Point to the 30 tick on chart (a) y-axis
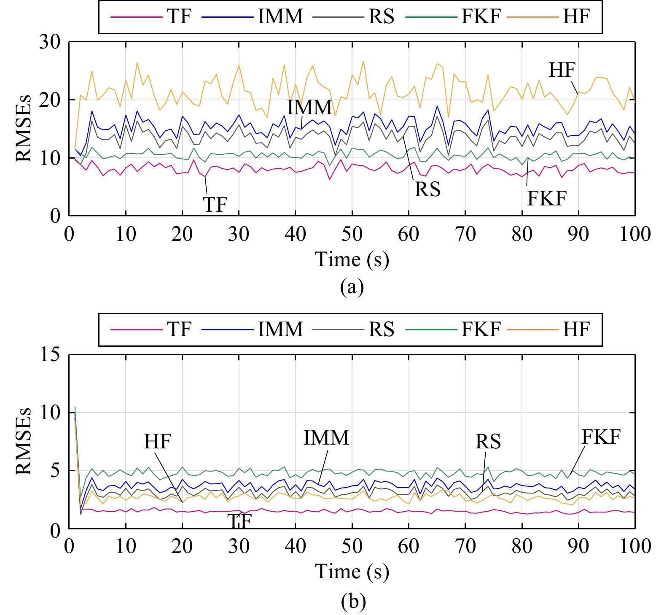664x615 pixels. coord(50,42)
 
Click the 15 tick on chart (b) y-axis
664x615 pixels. coord(50,355)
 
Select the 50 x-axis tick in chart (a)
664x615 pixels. coord(352,234)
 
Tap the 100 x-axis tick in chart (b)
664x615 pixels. coord(635,547)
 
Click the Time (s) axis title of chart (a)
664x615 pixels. coord(352,259)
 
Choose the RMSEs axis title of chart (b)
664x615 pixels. coord(24,441)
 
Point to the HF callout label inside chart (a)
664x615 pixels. coord(562,70)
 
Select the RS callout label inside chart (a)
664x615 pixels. coord(427,189)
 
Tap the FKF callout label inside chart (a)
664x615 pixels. coord(547,198)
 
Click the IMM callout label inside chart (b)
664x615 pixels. coord(326,438)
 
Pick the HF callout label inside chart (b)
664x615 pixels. coord(157,442)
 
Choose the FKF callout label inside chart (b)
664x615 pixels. coord(601,437)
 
